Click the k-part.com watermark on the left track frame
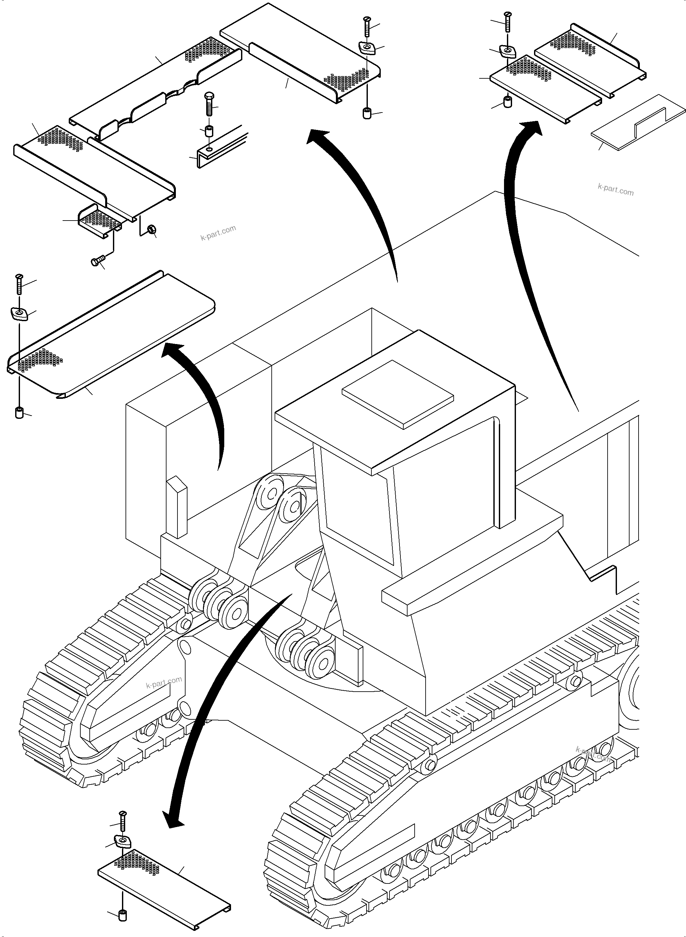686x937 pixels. (x=164, y=682)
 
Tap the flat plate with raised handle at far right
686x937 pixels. (x=637, y=129)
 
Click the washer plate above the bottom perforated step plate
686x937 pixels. (x=123, y=841)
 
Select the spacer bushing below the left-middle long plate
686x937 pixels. (x=19, y=413)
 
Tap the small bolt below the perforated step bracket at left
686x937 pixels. (x=97, y=261)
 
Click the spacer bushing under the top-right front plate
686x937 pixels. (x=507, y=102)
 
